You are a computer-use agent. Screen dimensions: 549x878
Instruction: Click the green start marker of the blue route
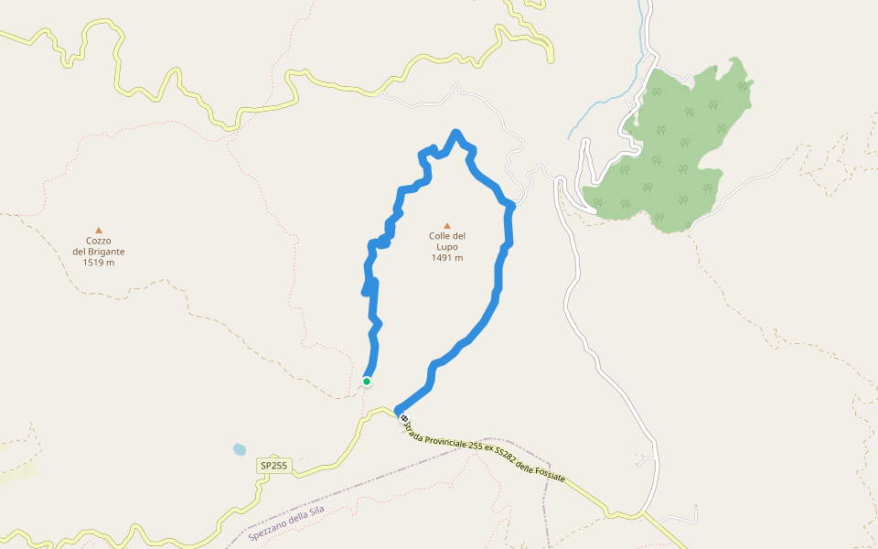367,382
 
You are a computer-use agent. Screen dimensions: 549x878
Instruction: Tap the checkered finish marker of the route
403,419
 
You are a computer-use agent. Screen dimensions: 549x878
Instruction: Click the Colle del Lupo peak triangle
447,225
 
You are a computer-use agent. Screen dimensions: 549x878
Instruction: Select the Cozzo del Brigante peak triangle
99,231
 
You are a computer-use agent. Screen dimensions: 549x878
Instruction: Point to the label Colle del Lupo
447,242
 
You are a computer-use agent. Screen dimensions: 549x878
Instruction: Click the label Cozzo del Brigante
99,246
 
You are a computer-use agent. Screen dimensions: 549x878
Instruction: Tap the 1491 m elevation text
447,258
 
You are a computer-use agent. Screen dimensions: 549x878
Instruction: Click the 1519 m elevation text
99,263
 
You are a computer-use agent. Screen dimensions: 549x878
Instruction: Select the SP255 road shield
273,466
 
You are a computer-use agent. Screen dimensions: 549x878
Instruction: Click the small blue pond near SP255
240,449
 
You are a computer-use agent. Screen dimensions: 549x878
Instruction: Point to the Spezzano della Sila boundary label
286,522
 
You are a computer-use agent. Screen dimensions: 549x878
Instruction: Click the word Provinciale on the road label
443,438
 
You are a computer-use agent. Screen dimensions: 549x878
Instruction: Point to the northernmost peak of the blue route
455,134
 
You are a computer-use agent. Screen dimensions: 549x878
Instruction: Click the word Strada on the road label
411,427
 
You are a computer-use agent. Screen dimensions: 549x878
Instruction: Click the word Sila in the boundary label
316,511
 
